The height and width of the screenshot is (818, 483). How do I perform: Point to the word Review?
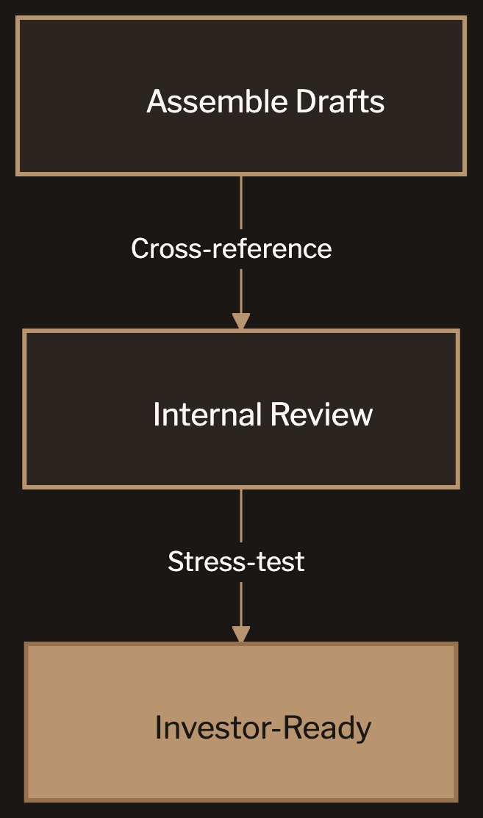[321, 415]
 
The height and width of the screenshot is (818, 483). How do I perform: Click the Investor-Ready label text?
[263, 728]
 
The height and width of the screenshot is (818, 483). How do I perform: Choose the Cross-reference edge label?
[231, 248]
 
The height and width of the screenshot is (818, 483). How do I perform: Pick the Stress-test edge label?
[236, 562]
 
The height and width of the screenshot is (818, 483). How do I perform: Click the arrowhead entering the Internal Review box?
[241, 321]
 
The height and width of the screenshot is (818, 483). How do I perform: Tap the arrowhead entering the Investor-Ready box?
[241, 634]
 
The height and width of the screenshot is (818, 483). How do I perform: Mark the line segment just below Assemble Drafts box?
[241, 202]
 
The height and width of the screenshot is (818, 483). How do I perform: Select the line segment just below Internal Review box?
[241, 514]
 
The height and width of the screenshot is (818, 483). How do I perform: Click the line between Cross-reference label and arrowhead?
[241, 290]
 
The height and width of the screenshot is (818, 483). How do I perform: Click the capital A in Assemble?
[156, 101]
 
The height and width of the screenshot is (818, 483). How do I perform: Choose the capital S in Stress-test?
[175, 562]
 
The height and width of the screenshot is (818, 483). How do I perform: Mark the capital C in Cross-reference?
[140, 248]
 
